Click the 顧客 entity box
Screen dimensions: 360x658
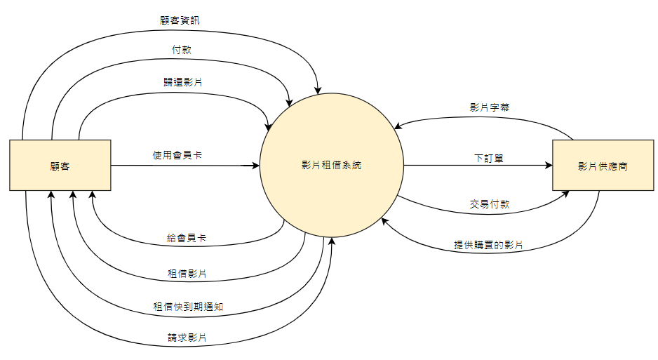point(60,165)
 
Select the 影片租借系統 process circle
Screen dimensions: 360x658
point(331,166)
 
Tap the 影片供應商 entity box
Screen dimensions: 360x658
point(603,166)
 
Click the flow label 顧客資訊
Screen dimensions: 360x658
point(180,20)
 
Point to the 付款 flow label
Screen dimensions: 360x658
point(182,51)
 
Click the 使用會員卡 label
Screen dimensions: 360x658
point(177,154)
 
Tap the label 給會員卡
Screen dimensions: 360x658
point(187,239)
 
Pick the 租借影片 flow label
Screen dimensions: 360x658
point(187,273)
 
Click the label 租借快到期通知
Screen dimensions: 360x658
point(188,307)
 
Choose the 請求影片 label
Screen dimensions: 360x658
point(187,338)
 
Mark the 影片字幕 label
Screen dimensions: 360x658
point(490,108)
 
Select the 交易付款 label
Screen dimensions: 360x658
point(490,205)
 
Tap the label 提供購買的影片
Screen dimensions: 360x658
point(488,246)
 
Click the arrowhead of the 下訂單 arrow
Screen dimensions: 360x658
point(549,166)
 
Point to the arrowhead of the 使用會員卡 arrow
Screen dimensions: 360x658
point(256,166)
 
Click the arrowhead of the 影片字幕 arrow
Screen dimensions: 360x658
point(397,127)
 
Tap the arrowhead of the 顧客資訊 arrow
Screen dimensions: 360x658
point(318,90)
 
